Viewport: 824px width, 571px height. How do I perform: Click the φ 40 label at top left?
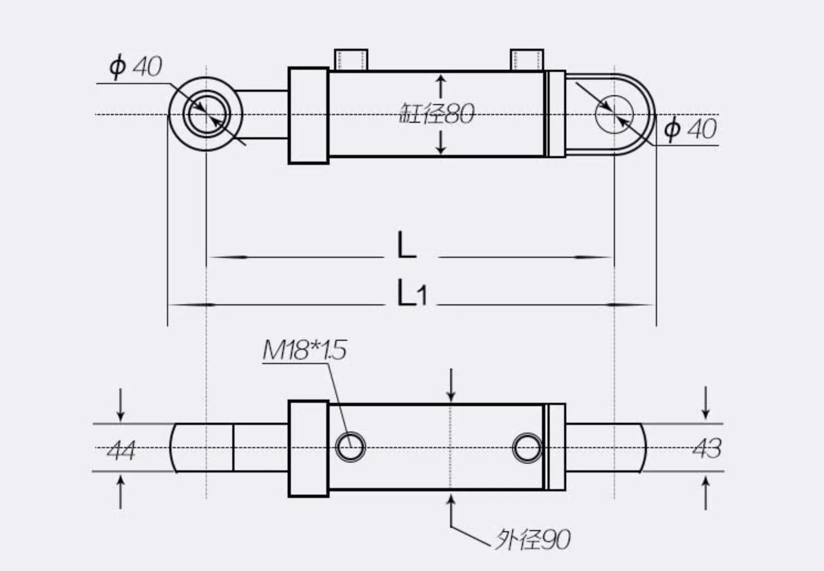(135, 67)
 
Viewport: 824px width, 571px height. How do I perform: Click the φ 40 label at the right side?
(690, 129)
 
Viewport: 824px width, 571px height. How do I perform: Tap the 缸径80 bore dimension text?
(436, 114)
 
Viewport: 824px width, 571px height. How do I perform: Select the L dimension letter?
(406, 246)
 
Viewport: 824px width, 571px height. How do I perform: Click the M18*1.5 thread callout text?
(304, 350)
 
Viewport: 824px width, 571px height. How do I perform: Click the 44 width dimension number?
(121, 450)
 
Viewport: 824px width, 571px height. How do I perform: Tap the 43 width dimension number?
(706, 448)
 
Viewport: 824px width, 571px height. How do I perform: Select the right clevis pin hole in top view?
(614, 115)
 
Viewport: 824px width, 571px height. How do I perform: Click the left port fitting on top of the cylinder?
(351, 60)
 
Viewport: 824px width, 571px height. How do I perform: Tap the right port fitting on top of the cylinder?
(526, 60)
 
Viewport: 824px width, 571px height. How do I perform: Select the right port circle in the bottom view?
(527, 447)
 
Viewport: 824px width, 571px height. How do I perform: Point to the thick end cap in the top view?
(309, 115)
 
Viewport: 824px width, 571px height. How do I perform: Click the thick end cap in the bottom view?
(309, 448)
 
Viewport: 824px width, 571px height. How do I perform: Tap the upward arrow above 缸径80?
(441, 86)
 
